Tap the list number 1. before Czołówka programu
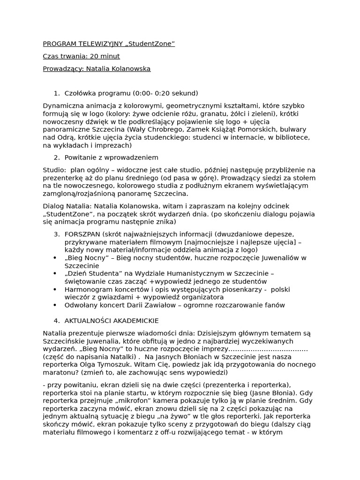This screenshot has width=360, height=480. (56, 93)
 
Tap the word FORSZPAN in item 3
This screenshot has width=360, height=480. (82, 234)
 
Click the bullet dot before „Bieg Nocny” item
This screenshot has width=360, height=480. (55, 258)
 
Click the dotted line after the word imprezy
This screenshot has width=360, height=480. (268, 349)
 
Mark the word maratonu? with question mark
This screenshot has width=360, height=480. (61, 373)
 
